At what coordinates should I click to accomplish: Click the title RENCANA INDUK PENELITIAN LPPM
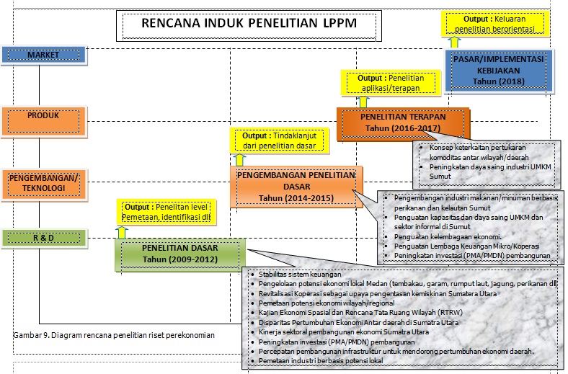point(249,24)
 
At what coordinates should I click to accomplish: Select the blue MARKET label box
point(43,55)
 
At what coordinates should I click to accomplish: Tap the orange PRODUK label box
point(43,116)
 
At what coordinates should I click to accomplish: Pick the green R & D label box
point(43,237)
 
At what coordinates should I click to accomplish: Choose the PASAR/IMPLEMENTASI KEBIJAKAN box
point(499,71)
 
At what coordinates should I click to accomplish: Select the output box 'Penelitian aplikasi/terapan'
point(389,83)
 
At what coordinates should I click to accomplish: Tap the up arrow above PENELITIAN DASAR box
point(122,232)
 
